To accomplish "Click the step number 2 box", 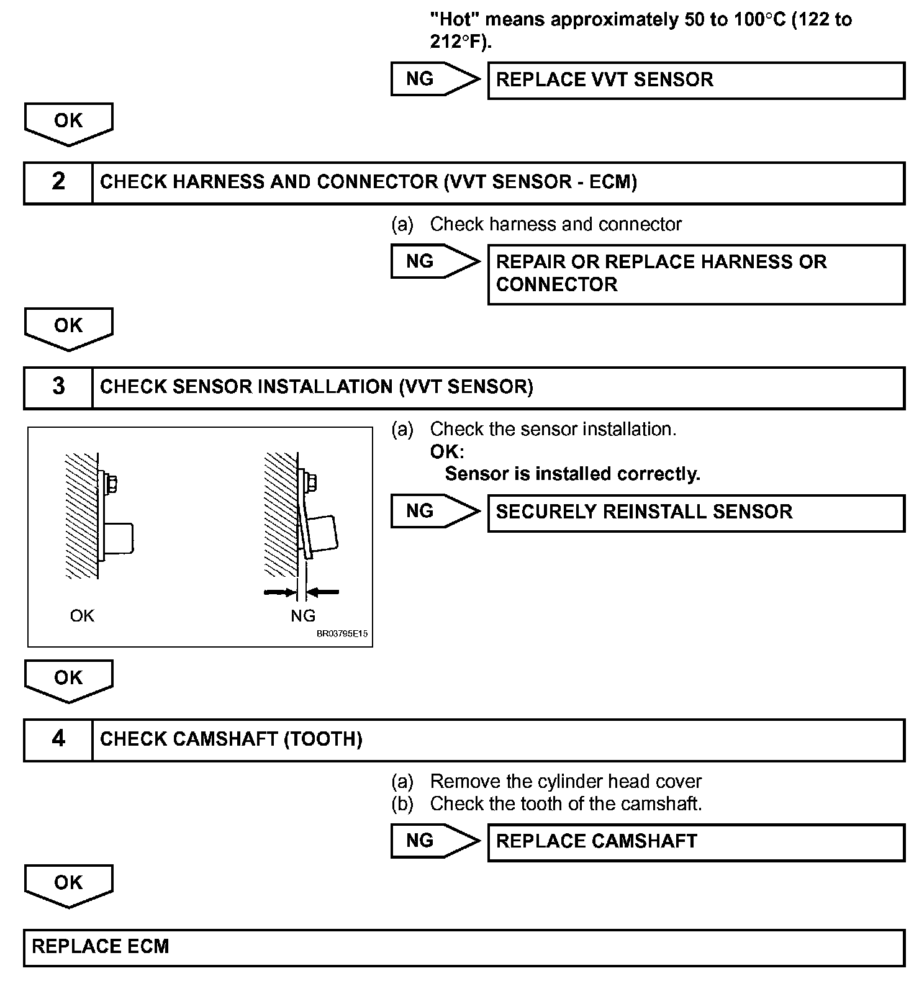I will [x=58, y=183].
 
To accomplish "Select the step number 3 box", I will [x=58, y=387].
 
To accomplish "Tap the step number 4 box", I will [x=58, y=739].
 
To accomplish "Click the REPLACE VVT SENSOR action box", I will [x=695, y=80].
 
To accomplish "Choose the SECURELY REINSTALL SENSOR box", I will [x=695, y=512].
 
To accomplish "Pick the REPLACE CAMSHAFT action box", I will [x=695, y=842].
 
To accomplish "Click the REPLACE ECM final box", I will [x=463, y=947].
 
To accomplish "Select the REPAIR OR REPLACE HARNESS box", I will [x=695, y=274].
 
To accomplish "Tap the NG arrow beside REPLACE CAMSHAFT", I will [x=435, y=841].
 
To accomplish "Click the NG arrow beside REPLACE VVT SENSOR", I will [x=435, y=79].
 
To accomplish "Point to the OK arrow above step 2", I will [x=68, y=123].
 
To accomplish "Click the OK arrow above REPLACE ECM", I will [x=68, y=885].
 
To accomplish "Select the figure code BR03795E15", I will [x=342, y=635].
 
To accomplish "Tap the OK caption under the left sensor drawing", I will [x=82, y=616].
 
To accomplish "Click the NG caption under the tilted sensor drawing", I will [x=303, y=616].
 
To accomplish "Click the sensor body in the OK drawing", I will [x=119, y=538].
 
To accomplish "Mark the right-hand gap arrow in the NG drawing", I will [x=324, y=592].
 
